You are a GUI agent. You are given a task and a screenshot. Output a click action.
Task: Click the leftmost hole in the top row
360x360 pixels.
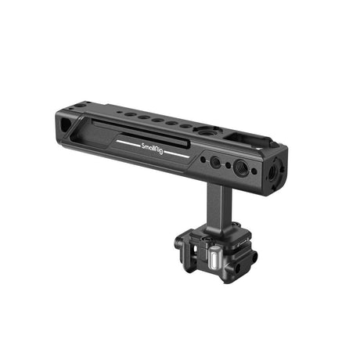128,116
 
